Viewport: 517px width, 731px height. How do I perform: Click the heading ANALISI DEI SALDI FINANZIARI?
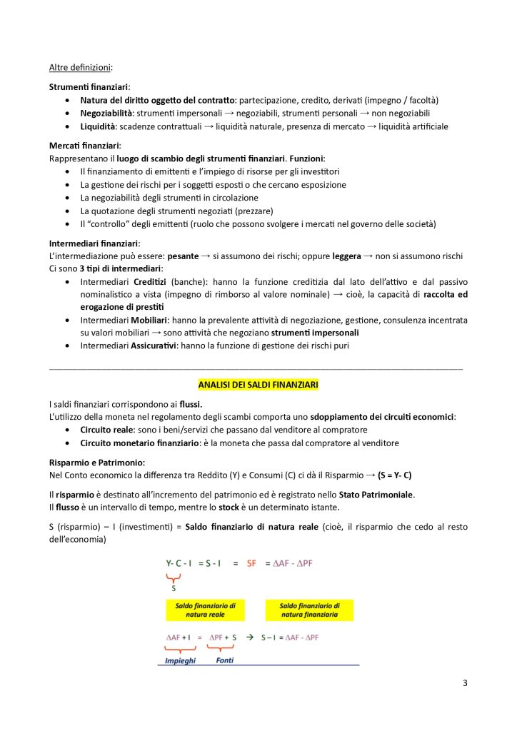pyautogui.click(x=258, y=385)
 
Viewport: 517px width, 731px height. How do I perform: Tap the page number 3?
pyautogui.click(x=465, y=683)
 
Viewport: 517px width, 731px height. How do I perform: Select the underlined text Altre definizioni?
pyautogui.click(x=80, y=68)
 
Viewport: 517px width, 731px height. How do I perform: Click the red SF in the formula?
pyautogui.click(x=251, y=563)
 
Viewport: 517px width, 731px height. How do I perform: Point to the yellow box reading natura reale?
pyautogui.click(x=206, y=610)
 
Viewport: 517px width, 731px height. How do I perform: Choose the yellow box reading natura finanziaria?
pyautogui.click(x=309, y=610)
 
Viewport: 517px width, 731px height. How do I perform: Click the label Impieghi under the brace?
pyautogui.click(x=180, y=660)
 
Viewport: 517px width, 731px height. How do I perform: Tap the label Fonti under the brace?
pyautogui.click(x=225, y=660)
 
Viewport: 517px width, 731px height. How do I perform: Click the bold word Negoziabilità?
pyautogui.click(x=106, y=114)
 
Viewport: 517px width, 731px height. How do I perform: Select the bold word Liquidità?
pyautogui.click(x=98, y=126)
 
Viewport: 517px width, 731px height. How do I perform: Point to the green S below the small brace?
pyautogui.click(x=173, y=588)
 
